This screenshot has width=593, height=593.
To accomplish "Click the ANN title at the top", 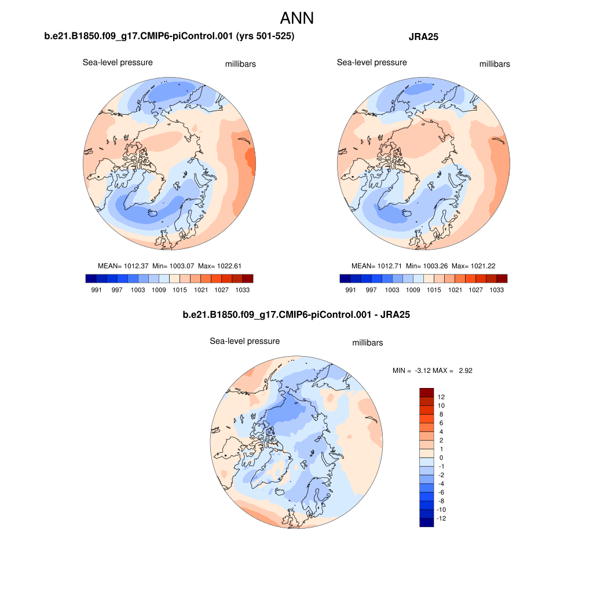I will [296, 18].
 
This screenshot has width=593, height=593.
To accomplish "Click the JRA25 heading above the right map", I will [423, 37].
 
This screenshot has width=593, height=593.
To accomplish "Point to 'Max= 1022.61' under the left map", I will [219, 266].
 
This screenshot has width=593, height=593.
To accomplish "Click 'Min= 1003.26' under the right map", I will [427, 266].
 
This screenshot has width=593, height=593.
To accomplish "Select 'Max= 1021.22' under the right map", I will [474, 266].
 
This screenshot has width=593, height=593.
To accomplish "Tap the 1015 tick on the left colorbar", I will [180, 290].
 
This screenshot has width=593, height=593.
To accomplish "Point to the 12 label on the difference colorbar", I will [441, 397].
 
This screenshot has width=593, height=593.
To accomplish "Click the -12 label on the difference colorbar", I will [441, 518].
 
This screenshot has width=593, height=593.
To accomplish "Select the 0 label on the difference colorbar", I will [441, 457].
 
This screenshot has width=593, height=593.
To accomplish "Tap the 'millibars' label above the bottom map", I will [368, 343].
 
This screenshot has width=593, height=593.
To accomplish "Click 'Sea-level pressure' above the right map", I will [372, 63].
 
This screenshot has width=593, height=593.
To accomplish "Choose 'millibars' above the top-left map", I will [240, 64].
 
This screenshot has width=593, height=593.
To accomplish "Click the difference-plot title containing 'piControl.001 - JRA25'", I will [296, 315].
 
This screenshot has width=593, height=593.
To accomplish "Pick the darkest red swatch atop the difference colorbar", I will [426, 392].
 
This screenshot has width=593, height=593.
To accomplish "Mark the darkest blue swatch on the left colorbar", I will [90, 279].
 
